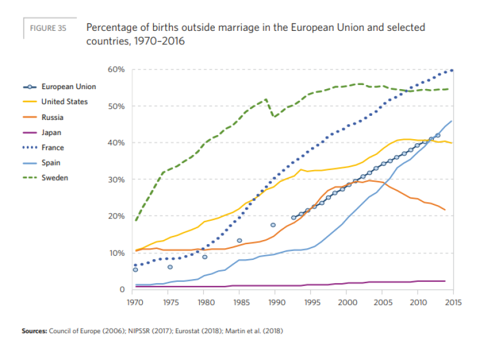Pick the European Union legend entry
[68, 87]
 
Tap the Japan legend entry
[51, 133]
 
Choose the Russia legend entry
[52, 117]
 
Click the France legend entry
[52, 148]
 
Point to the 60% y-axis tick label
[116, 69]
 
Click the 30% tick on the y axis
[116, 179]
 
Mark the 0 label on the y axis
[122, 290]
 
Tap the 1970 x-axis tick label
[135, 302]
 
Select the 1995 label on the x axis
[312, 302]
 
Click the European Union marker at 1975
[170, 267]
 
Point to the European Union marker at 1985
[239, 241]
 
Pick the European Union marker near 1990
[273, 224]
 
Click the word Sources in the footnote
[35, 331]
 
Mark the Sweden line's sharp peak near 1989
[266, 99]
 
